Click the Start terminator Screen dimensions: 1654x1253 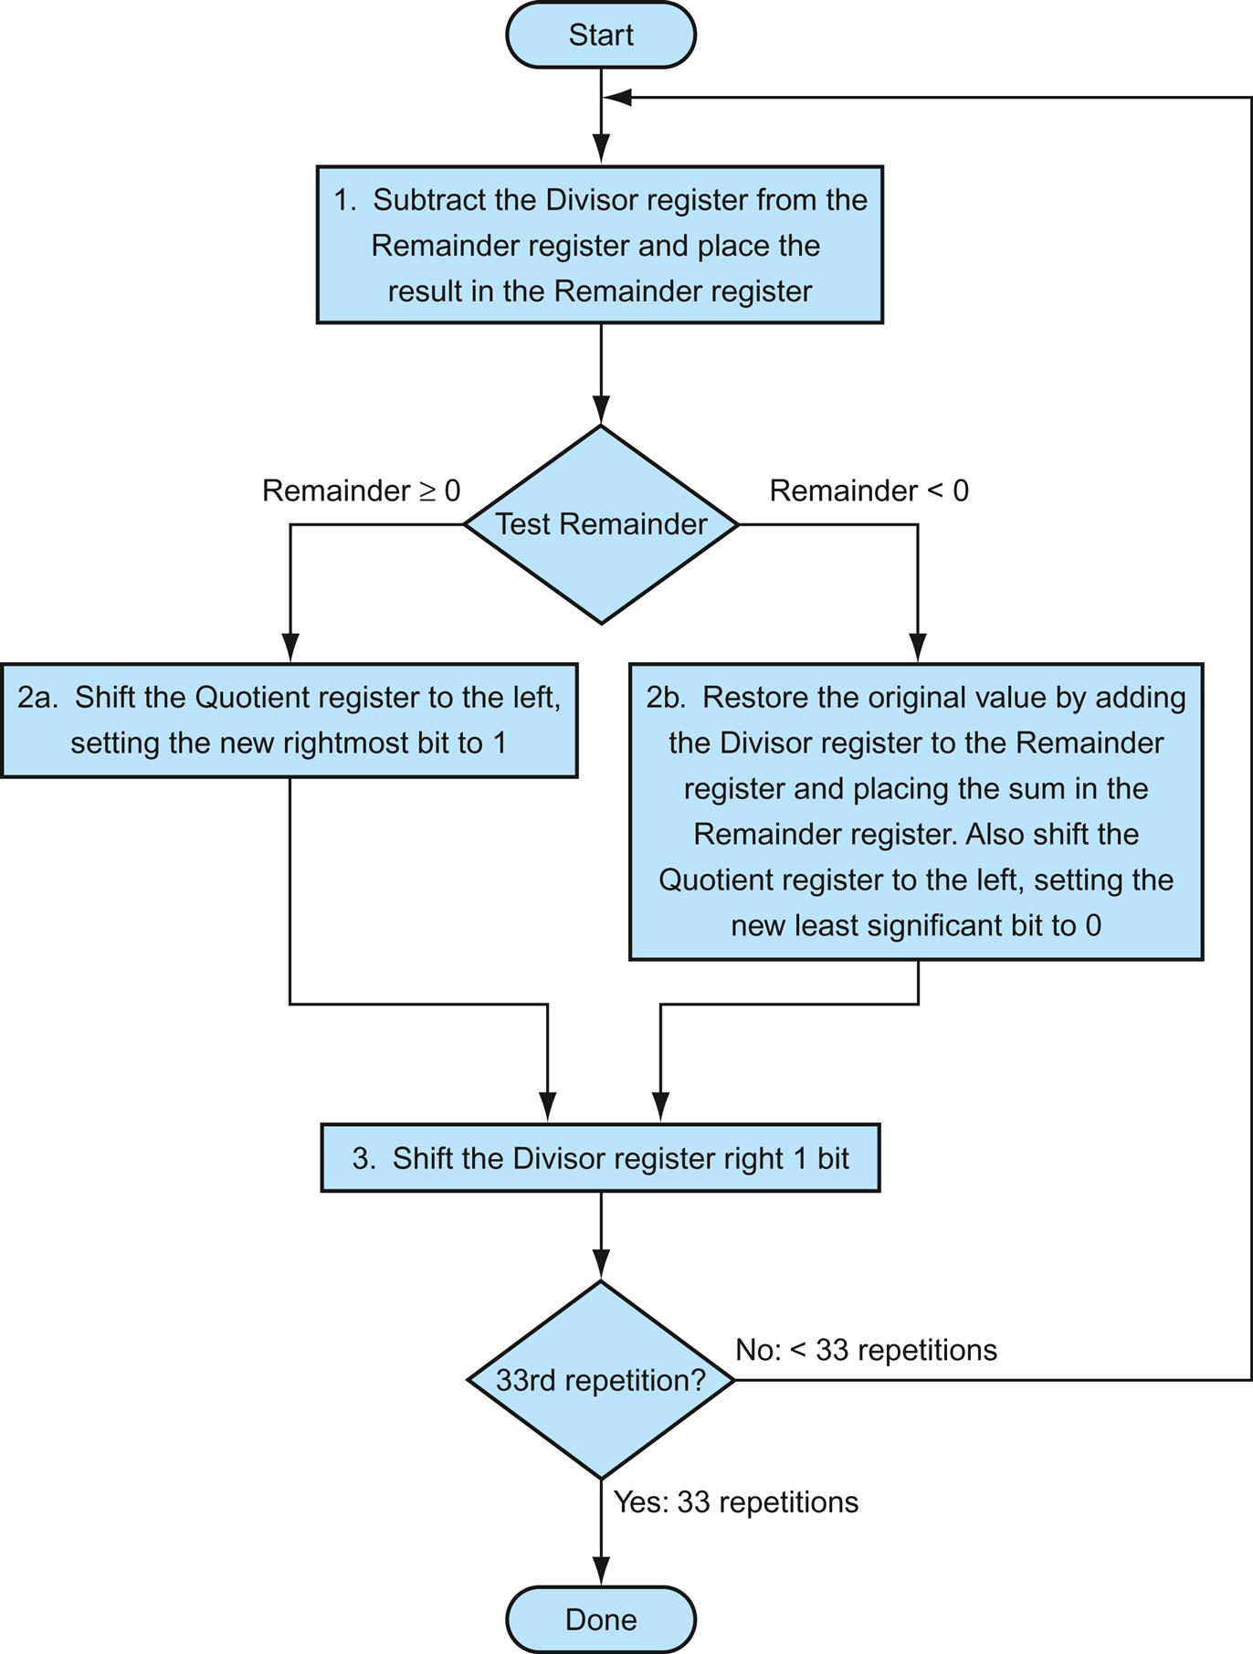click(601, 35)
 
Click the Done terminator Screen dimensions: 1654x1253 click(601, 1619)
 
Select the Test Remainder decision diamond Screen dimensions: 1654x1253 click(601, 524)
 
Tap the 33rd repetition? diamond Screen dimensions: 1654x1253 click(601, 1379)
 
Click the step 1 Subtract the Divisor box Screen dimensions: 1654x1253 click(600, 245)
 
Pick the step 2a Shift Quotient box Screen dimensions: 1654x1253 click(289, 721)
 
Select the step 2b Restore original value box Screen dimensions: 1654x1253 click(916, 811)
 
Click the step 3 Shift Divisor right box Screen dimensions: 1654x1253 click(600, 1158)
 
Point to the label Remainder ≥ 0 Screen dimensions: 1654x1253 click(361, 490)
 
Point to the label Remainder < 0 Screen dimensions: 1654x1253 click(869, 490)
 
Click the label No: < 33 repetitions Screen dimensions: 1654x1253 click(866, 1350)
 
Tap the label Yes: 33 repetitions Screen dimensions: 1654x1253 click(735, 1502)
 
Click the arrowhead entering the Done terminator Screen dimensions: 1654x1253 click(601, 1574)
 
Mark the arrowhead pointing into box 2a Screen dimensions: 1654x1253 click(290, 648)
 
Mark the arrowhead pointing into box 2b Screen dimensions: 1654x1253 click(918, 648)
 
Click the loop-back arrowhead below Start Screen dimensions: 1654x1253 click(617, 97)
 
